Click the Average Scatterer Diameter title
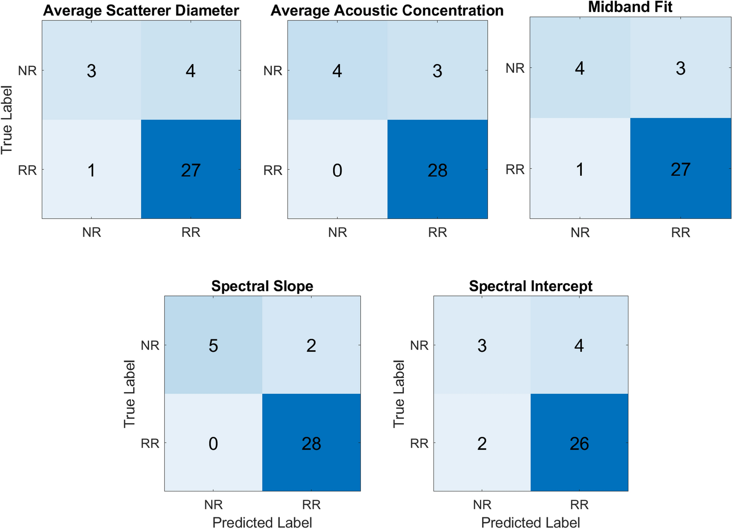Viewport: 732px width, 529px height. [141, 11]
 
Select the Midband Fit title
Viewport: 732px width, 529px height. [630, 7]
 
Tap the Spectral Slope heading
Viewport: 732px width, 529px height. [262, 286]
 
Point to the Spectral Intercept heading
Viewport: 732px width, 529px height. [530, 286]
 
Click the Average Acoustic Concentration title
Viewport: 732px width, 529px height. [387, 11]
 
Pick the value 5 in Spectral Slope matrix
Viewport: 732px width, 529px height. [213, 345]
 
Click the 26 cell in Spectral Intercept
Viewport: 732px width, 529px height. [579, 443]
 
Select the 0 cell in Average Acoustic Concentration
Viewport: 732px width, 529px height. [337, 170]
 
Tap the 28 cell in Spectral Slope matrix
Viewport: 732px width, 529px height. [311, 443]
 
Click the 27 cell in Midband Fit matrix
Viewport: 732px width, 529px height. [680, 169]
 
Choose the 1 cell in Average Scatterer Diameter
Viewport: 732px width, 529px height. [92, 170]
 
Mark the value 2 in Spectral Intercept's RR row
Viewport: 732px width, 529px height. [482, 443]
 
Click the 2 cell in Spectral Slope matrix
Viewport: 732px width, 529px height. [311, 345]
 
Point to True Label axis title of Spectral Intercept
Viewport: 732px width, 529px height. [399, 393]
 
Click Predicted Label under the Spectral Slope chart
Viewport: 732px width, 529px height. [262, 522]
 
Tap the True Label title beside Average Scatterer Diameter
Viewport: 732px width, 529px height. [7, 119]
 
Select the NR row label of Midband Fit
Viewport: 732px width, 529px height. [515, 68]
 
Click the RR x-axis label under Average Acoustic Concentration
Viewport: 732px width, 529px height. [437, 232]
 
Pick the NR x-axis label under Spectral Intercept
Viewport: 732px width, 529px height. [482, 505]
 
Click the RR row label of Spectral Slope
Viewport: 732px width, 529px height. [150, 443]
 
